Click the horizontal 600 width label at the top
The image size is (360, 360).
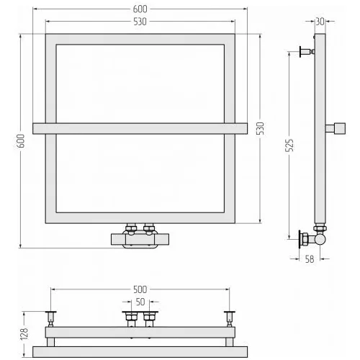click(140, 9)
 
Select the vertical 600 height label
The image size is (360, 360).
click(22, 141)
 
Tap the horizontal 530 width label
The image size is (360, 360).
click(140, 22)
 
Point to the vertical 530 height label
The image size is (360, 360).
click(261, 129)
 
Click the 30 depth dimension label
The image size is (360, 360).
click(320, 22)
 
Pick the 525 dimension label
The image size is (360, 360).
click(289, 145)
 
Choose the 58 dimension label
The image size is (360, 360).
click(310, 259)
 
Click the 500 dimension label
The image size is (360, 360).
click(140, 289)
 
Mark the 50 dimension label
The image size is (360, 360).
click(140, 302)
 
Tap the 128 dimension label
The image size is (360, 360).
click(24, 334)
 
